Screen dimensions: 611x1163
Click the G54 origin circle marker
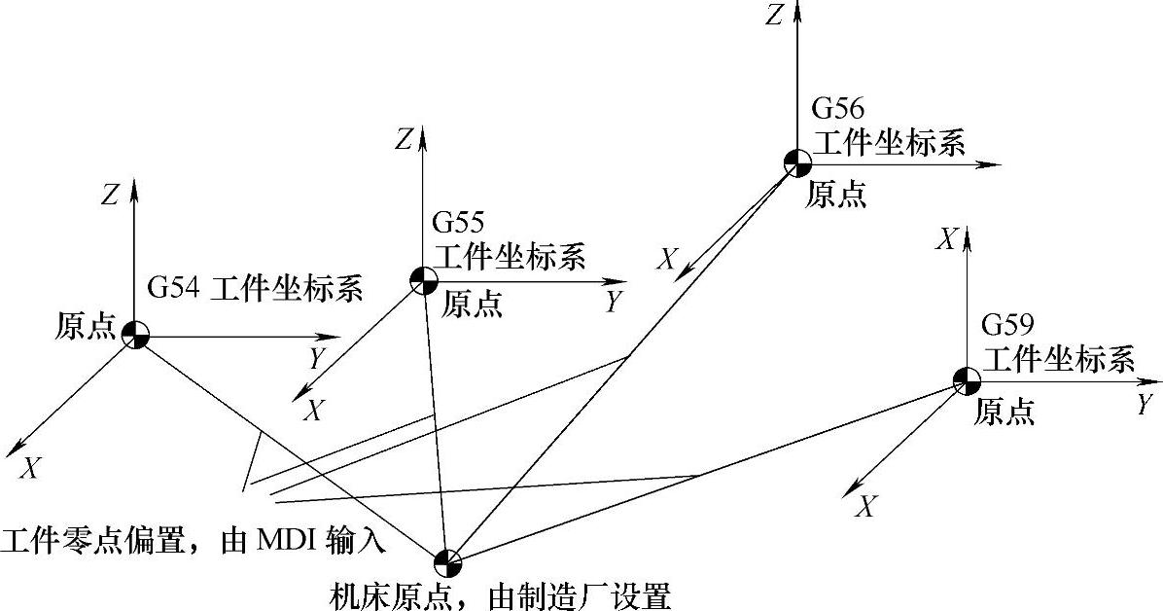pyautogui.click(x=135, y=335)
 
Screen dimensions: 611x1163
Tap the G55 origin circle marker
pyautogui.click(x=423, y=280)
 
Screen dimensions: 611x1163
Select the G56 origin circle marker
pyautogui.click(x=796, y=162)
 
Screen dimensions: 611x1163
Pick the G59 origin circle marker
pyautogui.click(x=966, y=381)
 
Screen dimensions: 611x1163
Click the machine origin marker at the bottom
pyautogui.click(x=447, y=561)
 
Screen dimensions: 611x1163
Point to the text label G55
pyautogui.click(x=457, y=224)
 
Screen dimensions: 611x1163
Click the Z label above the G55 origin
pyautogui.click(x=404, y=140)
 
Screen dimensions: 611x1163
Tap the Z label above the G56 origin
pyautogui.click(x=773, y=16)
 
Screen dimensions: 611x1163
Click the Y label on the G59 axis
pyautogui.click(x=1144, y=406)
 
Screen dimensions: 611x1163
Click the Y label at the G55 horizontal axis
pyautogui.click(x=613, y=302)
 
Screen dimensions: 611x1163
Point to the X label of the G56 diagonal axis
pyautogui.click(x=667, y=259)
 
